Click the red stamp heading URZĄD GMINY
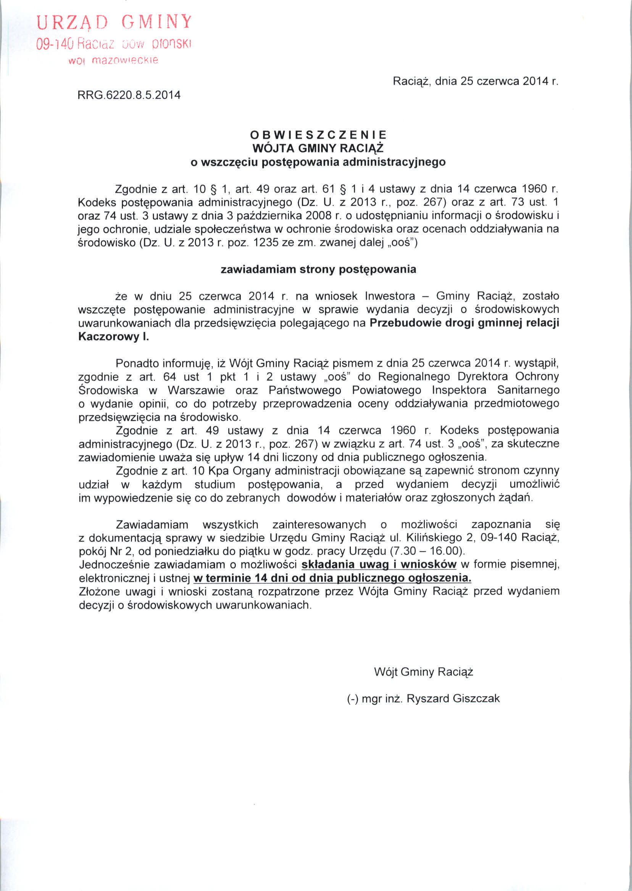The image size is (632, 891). pyautogui.click(x=114, y=23)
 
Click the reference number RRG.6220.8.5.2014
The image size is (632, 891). pyautogui.click(x=129, y=95)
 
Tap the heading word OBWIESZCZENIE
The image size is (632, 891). pyautogui.click(x=318, y=135)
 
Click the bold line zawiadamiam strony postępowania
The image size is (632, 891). pyautogui.click(x=318, y=269)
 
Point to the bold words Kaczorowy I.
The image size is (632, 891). pyautogui.click(x=114, y=336)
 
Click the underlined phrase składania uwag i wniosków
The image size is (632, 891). pyautogui.click(x=379, y=565)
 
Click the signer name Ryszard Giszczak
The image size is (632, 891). pyautogui.click(x=453, y=698)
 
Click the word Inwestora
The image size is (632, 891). pyautogui.click(x=390, y=296)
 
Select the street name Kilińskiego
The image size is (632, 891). pyautogui.click(x=428, y=537)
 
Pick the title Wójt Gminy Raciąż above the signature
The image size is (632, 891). pyautogui.click(x=423, y=672)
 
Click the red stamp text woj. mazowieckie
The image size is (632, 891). pyautogui.click(x=113, y=61)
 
